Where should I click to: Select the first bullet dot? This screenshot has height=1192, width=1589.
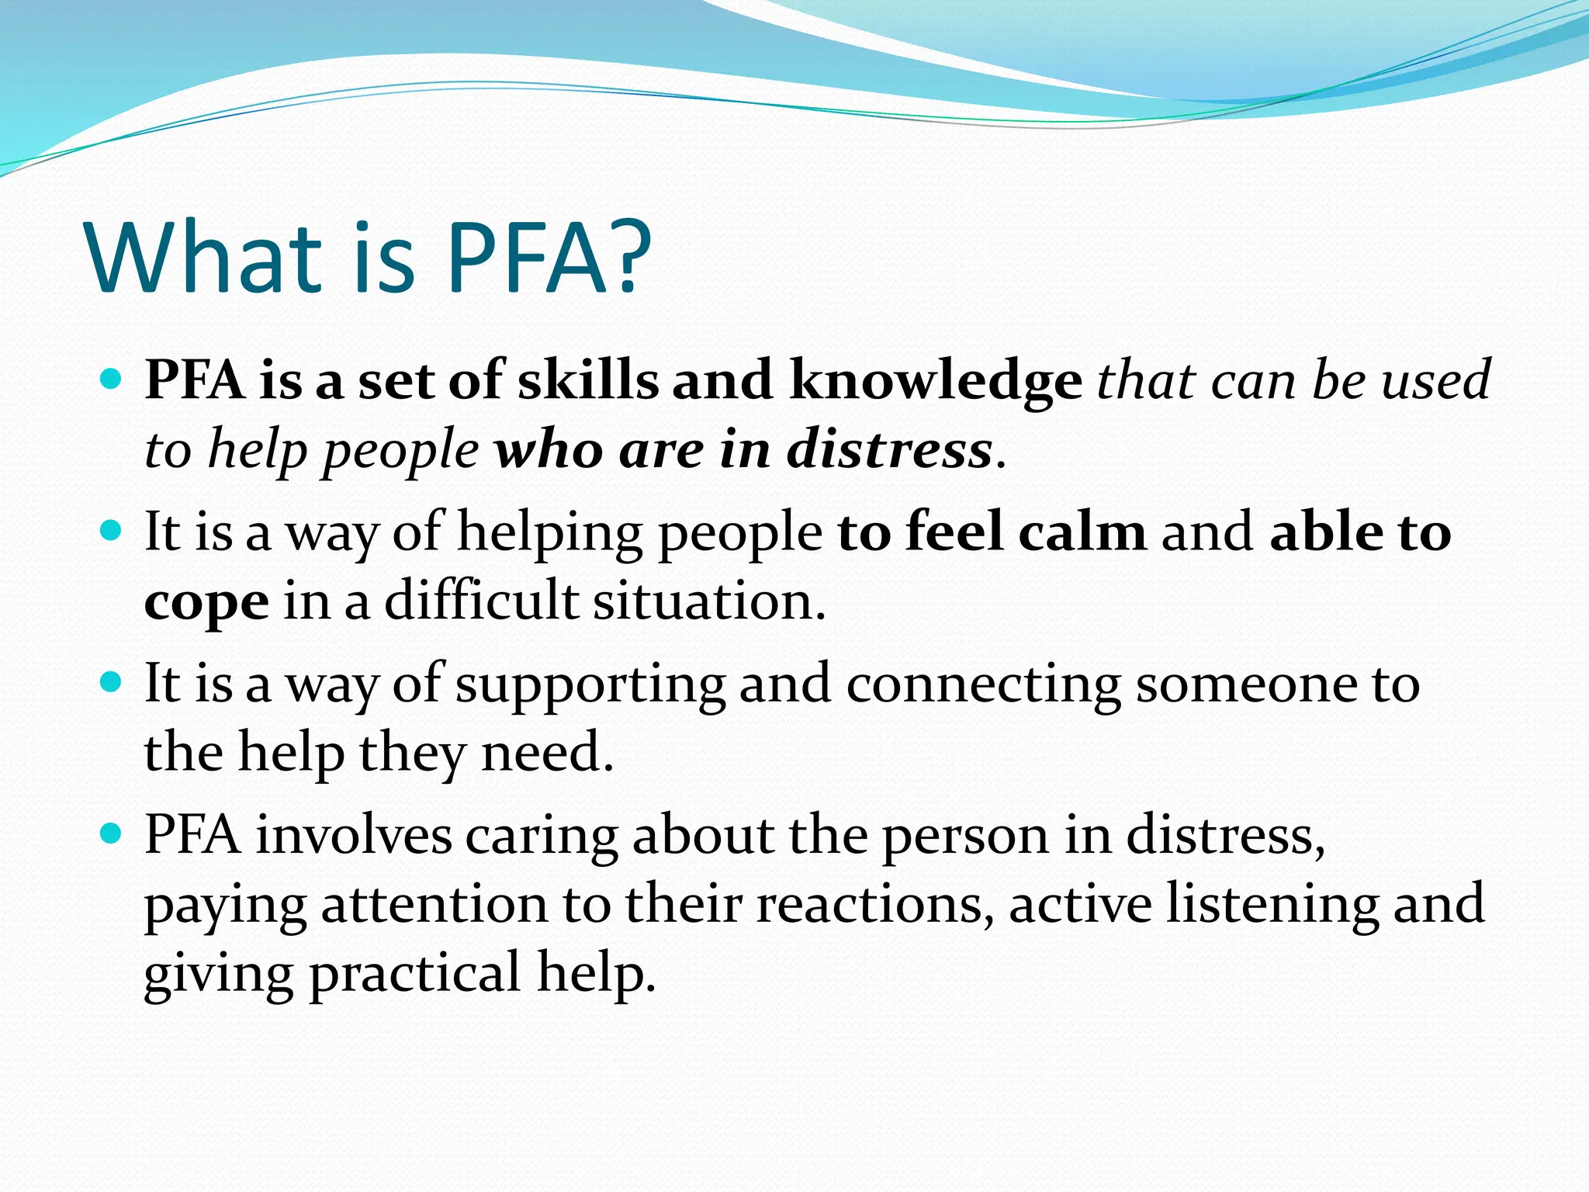113,379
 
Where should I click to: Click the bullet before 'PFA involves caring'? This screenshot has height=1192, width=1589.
113,834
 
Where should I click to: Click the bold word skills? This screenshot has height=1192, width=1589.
587,380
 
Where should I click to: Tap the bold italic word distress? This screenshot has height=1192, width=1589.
889,450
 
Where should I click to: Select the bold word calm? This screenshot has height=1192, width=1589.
1082,532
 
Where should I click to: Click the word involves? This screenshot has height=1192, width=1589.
354,837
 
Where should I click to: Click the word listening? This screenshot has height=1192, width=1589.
1272,906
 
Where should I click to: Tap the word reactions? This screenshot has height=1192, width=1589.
875,906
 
